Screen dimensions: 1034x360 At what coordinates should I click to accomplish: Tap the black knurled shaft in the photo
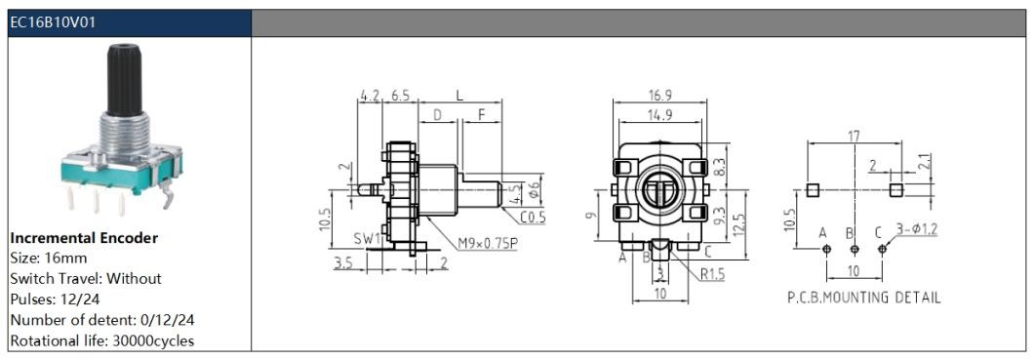coord(123,78)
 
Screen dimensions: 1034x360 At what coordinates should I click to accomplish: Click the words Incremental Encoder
coord(85,238)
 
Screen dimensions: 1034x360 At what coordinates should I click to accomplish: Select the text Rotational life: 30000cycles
coord(102,340)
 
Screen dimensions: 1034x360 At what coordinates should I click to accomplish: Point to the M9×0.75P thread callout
coord(488,243)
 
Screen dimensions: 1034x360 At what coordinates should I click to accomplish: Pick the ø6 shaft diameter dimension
coord(537,191)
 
